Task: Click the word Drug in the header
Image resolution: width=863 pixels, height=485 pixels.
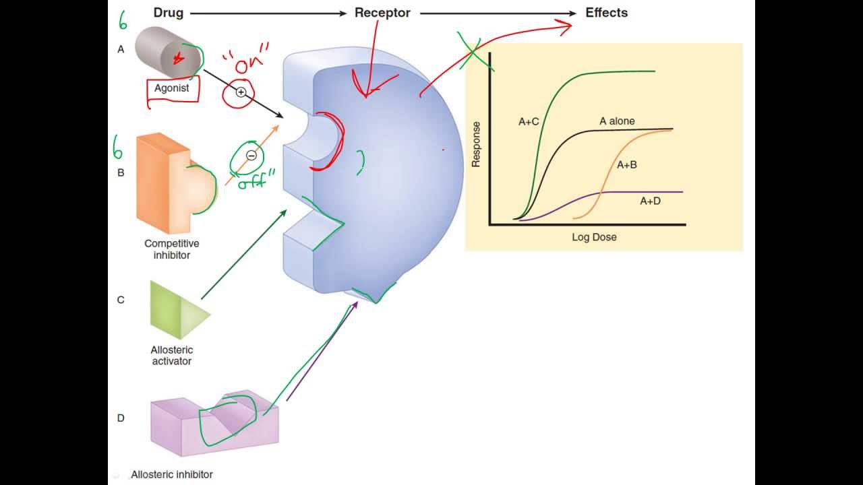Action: [169, 13]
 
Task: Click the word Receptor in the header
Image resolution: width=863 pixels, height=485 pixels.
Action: [382, 13]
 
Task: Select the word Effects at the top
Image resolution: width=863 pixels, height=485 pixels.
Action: [606, 13]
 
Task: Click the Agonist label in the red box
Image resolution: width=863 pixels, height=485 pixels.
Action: [172, 88]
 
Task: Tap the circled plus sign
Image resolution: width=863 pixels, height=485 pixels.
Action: [241, 92]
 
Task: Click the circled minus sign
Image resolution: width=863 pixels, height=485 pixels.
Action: [251, 156]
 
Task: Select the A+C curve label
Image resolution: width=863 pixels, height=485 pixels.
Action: [529, 122]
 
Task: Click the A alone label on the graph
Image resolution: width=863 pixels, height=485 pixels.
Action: [617, 121]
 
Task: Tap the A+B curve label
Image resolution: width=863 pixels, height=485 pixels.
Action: [626, 164]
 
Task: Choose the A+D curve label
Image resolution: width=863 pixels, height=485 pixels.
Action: [650, 201]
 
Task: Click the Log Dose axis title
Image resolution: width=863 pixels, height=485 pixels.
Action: [594, 237]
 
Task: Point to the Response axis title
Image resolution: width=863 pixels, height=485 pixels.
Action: [476, 144]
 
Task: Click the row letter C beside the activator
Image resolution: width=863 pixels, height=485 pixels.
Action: [121, 300]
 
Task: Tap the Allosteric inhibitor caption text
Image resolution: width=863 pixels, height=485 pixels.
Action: [172, 474]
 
